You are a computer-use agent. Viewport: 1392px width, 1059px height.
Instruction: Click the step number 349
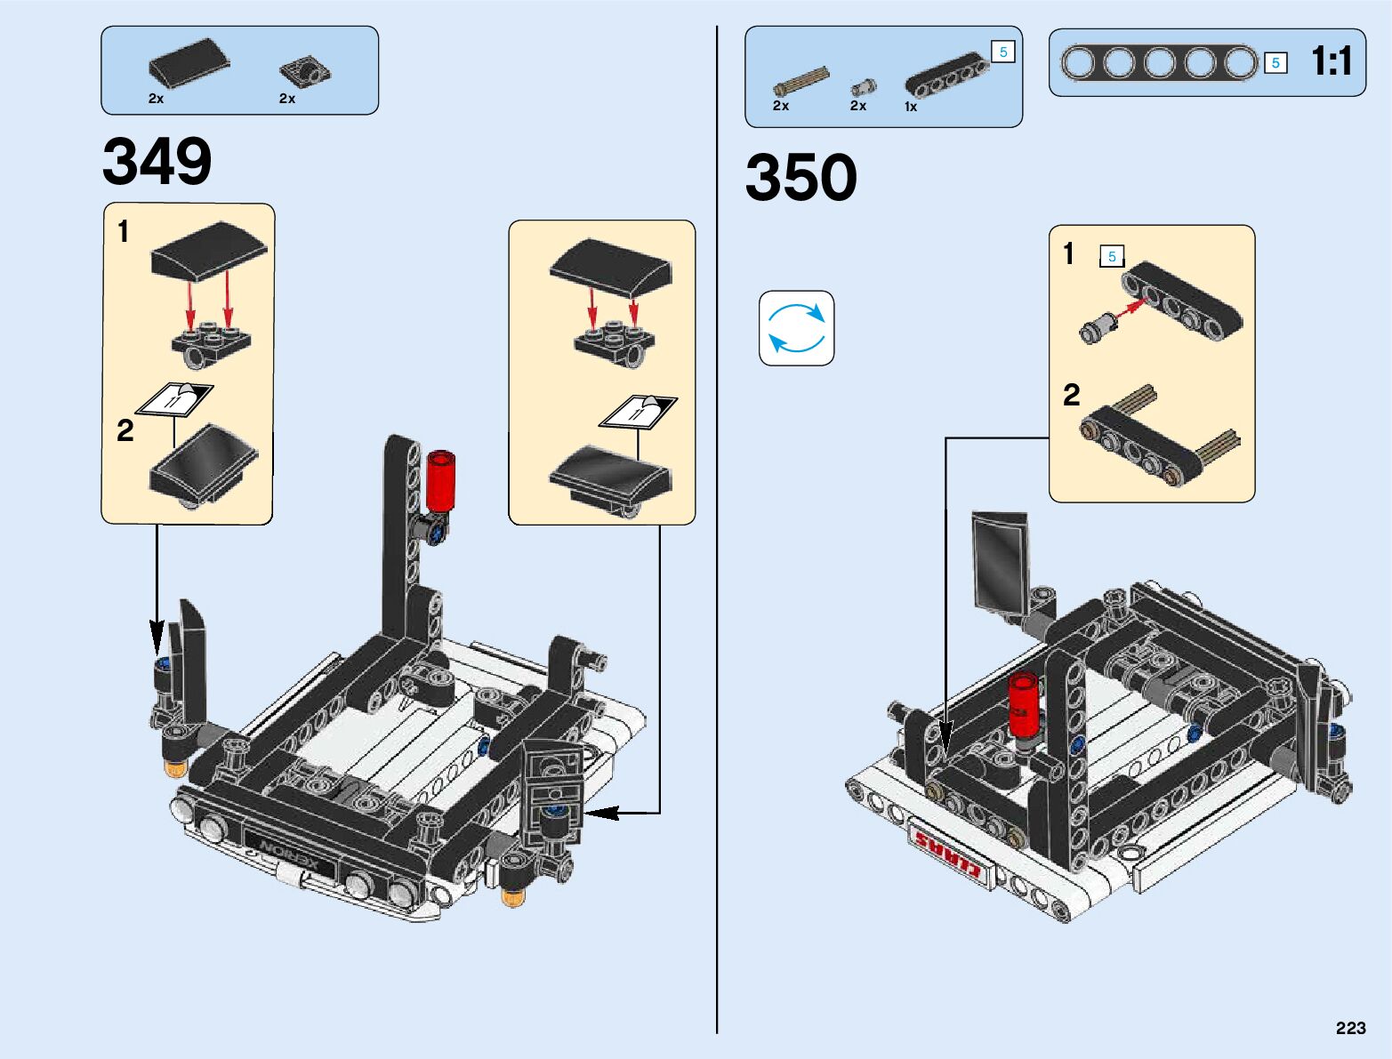[x=157, y=162]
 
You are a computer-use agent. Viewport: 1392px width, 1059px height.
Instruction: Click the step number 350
[x=801, y=178]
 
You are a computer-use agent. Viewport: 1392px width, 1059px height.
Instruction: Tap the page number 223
[x=1350, y=1028]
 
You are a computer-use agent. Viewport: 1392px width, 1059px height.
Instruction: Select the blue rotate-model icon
[x=797, y=328]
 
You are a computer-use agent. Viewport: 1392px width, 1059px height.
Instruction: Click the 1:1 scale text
[x=1331, y=61]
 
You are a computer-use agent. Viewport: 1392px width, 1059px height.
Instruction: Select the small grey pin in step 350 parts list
[x=863, y=86]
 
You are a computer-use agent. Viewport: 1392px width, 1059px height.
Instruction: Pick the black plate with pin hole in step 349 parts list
[x=305, y=70]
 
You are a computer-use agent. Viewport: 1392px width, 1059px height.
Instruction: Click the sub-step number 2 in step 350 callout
[x=1072, y=395]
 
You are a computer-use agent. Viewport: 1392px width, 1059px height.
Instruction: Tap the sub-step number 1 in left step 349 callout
[x=124, y=232]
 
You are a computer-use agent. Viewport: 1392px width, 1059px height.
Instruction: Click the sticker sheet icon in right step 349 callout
[x=639, y=412]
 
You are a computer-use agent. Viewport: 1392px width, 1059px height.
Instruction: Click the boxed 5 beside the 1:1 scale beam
[x=1275, y=63]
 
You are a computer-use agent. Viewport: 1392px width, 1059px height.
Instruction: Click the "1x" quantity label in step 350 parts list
[x=911, y=107]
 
